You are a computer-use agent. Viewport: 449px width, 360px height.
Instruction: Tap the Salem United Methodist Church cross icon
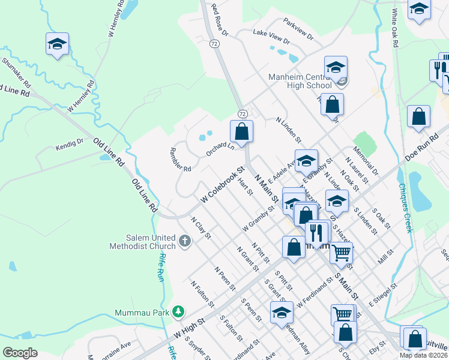(x=184, y=242)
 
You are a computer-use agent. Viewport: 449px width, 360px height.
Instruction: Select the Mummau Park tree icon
(x=178, y=312)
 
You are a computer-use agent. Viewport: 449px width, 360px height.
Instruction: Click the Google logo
(x=20, y=352)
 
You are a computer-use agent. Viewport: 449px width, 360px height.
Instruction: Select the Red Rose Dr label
(x=219, y=20)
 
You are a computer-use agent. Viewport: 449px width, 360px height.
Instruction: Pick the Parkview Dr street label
(x=299, y=32)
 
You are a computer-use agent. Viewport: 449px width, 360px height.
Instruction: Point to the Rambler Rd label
(x=180, y=160)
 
